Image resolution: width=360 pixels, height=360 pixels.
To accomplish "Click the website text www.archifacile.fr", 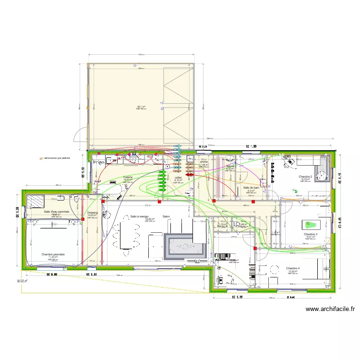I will pos(329,310).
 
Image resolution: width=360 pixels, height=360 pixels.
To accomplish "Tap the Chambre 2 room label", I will pos(305,177).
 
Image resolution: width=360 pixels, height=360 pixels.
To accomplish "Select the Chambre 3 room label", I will pos(311,234).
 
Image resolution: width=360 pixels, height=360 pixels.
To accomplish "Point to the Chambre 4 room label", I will pos(293,268).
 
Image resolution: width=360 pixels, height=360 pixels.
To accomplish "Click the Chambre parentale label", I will pos(53,254).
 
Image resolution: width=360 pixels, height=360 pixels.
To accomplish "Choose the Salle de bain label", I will pos(251,187).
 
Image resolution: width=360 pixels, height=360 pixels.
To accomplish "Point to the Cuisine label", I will pos(127,177).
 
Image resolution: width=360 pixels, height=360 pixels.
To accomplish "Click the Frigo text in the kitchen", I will pos(98,163).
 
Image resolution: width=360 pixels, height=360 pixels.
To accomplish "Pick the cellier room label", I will pos(178,177).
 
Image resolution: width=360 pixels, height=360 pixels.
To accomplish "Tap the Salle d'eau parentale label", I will pos(57,212).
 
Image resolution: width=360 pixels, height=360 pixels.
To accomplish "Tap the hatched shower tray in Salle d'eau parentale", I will pos(35,201).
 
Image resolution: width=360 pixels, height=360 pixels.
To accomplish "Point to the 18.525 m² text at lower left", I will pos(22,281).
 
